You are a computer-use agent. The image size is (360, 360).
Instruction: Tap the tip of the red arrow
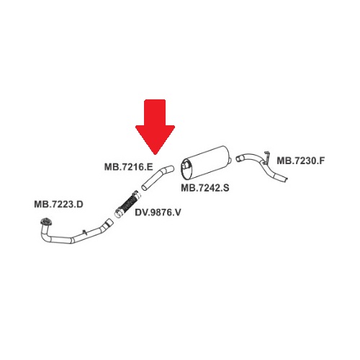(x=156, y=155)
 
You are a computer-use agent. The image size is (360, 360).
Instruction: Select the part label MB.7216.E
(x=129, y=167)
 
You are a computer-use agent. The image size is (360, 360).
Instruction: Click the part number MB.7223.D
(x=58, y=204)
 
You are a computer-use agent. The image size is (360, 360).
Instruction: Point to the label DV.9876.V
(x=158, y=212)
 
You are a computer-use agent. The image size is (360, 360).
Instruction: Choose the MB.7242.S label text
(x=205, y=188)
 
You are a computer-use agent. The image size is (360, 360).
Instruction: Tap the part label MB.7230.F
(x=301, y=161)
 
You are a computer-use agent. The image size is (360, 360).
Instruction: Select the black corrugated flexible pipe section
(x=128, y=204)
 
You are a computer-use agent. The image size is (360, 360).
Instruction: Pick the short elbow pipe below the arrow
(x=156, y=177)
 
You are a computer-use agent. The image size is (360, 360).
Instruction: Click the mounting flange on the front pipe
(x=46, y=222)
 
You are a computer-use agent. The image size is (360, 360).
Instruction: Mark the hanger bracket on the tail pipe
(x=266, y=158)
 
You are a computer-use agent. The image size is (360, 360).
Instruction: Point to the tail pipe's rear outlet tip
(x=286, y=179)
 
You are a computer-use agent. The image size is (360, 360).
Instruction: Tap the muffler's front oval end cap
(x=186, y=169)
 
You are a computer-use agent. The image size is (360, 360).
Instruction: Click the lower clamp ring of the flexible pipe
(x=118, y=213)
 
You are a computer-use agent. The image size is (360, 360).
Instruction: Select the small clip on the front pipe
(x=84, y=232)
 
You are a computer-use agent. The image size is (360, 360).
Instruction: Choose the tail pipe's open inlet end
(x=238, y=158)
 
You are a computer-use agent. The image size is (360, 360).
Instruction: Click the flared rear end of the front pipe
(x=109, y=222)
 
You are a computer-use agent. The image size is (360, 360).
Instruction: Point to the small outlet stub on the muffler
(x=230, y=160)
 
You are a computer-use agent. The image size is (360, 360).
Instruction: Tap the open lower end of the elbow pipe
(x=144, y=187)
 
